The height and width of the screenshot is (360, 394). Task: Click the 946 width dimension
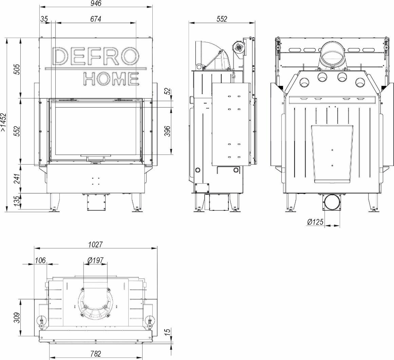96,3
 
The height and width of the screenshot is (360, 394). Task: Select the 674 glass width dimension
96,19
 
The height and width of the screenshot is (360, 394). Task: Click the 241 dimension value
17,179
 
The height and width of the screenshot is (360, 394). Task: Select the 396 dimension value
168,131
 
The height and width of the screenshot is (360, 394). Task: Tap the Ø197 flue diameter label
95,261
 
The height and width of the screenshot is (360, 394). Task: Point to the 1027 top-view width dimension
96,245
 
